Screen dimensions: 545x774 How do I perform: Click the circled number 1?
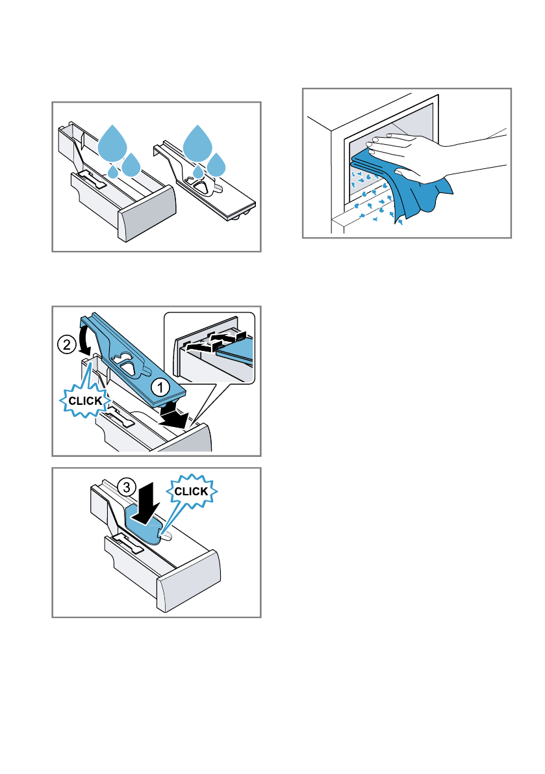coord(160,387)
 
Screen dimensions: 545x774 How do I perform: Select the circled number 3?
coord(127,485)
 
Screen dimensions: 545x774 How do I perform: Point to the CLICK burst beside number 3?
coord(190,492)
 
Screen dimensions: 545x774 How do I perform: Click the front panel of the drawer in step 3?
coord(188,577)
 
